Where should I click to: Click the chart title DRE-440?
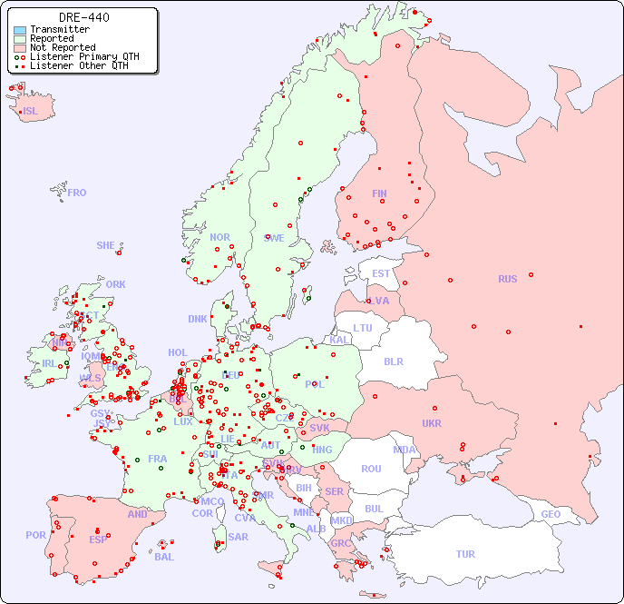click(84, 17)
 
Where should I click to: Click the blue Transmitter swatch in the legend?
click(20, 29)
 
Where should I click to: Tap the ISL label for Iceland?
click(31, 112)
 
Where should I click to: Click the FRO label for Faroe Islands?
click(77, 193)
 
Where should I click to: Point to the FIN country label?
click(379, 193)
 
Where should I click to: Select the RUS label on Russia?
click(507, 279)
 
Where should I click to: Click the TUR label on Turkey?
click(465, 554)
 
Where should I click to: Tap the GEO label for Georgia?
click(551, 514)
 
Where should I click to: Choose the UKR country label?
click(432, 423)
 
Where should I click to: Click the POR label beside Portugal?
click(35, 535)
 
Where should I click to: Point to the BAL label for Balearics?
click(164, 557)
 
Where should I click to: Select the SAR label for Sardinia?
click(239, 536)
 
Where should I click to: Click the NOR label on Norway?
click(219, 237)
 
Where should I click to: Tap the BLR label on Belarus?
click(393, 361)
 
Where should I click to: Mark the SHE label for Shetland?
click(106, 245)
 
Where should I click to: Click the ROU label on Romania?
click(371, 469)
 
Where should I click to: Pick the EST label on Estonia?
click(381, 273)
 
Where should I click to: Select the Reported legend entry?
click(52, 38)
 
